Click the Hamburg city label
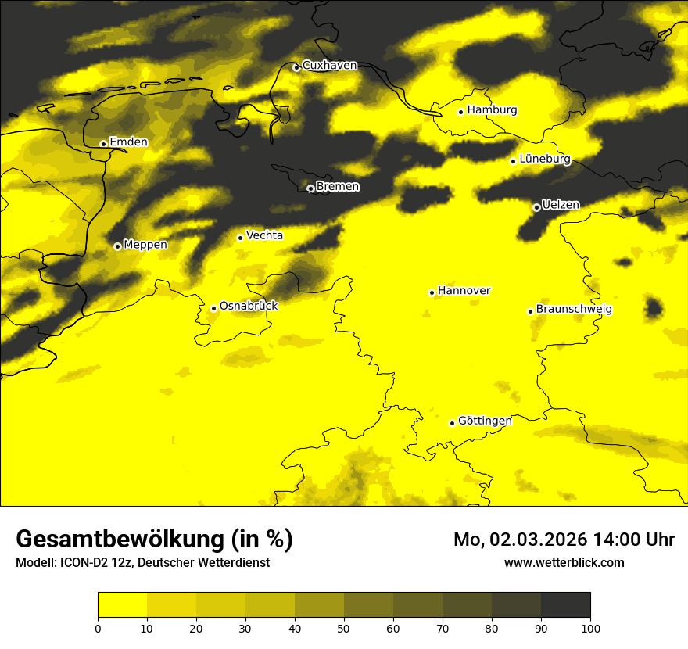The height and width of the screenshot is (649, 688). [x=492, y=110]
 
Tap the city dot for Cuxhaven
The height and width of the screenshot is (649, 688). [x=296, y=68]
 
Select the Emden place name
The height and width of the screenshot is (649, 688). [x=128, y=142]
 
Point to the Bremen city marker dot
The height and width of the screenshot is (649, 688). [x=310, y=188]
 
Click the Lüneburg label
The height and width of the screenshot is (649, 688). [x=544, y=160]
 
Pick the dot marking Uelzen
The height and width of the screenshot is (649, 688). [x=536, y=207]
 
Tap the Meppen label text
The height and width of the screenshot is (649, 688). [x=145, y=245]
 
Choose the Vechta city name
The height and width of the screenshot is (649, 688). [x=264, y=235]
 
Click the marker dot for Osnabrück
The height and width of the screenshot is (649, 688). [x=213, y=308]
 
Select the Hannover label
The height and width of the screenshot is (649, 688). [x=464, y=291]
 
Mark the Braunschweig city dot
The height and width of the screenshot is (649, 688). [x=530, y=311]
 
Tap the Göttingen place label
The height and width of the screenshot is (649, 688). [x=485, y=421]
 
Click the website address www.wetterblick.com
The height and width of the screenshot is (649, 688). [x=564, y=562]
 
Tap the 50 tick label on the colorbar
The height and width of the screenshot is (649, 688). [x=344, y=628]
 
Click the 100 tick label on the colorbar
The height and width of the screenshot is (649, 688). [x=590, y=628]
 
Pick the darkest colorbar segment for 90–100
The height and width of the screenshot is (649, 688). [x=565, y=605]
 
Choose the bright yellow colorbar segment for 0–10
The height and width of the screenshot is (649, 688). [x=123, y=605]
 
